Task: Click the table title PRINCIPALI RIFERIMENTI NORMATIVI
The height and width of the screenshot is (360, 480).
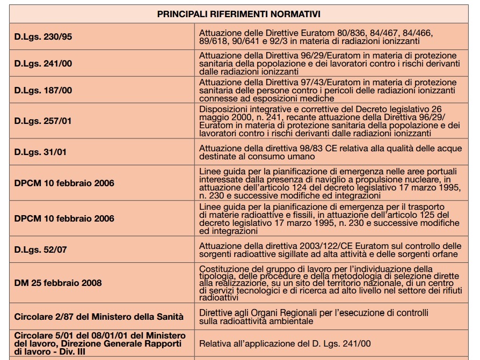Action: point(239,14)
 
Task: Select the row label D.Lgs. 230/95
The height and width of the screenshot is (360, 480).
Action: point(43,36)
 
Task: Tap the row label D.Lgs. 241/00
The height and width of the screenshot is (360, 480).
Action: point(43,63)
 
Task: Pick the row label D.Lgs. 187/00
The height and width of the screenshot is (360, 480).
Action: point(43,90)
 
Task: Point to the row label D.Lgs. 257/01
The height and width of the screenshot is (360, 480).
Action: point(43,121)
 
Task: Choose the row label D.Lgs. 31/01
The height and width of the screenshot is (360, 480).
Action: point(40,152)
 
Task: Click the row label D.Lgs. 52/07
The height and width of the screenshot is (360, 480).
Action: point(40,249)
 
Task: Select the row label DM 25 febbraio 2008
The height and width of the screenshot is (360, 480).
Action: point(57,283)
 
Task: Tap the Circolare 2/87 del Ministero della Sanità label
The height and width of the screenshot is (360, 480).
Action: point(99,317)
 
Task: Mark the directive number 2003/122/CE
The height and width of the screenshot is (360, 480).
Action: point(319,246)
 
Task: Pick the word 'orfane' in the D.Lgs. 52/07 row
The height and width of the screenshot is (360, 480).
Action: point(445,254)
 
